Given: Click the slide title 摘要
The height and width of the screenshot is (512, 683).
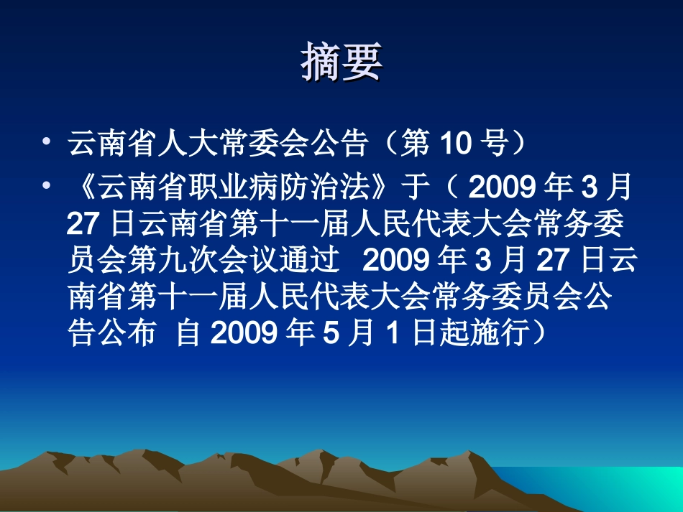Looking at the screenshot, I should [341, 64].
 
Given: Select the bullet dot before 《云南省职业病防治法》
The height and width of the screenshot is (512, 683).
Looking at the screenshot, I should [47, 186].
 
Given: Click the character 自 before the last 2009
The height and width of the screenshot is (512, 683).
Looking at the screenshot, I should [188, 335].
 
